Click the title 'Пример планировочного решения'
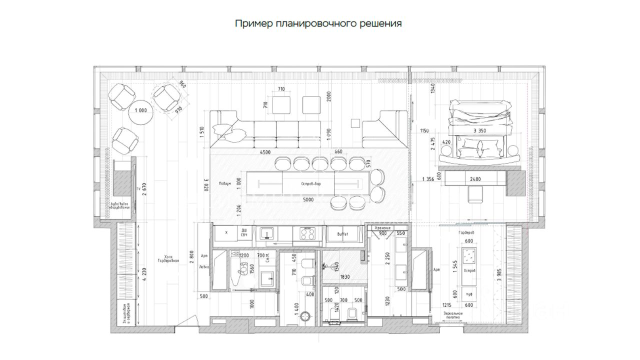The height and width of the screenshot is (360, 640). pyautogui.click(x=318, y=23)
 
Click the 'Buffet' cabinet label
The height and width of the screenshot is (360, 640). pyautogui.click(x=342, y=233)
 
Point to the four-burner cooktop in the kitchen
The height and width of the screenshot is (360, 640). pyautogui.click(x=306, y=233)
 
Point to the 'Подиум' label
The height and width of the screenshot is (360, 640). pyautogui.click(x=224, y=183)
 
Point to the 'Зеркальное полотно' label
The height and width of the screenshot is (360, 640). pyautogui.click(x=452, y=315)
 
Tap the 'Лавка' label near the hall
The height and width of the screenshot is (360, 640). pyautogui.click(x=203, y=267)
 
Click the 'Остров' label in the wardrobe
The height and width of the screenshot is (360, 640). pyautogui.click(x=469, y=270)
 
